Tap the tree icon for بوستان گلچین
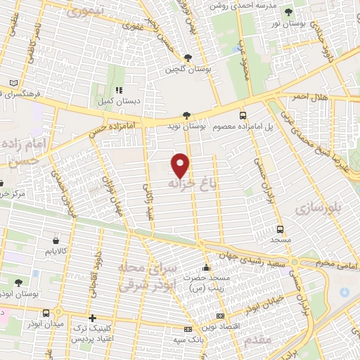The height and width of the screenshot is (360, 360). point(187,58)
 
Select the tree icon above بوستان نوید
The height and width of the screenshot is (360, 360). point(186,115)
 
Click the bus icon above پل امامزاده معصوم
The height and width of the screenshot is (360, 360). point(243,115)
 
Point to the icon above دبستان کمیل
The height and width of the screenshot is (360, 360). point(118,90)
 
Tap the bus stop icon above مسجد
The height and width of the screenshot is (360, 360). point(280,229)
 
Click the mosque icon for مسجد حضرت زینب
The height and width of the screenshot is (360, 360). point(206,267)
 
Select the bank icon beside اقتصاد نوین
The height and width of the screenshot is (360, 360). point(221,316)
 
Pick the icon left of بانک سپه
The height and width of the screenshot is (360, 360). point(187,329)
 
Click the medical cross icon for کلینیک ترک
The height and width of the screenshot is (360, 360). point(92,318)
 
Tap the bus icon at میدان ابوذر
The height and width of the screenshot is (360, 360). point(46,313)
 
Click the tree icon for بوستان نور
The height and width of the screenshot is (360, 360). point(288,12)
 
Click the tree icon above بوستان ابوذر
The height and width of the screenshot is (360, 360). point(18,282)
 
